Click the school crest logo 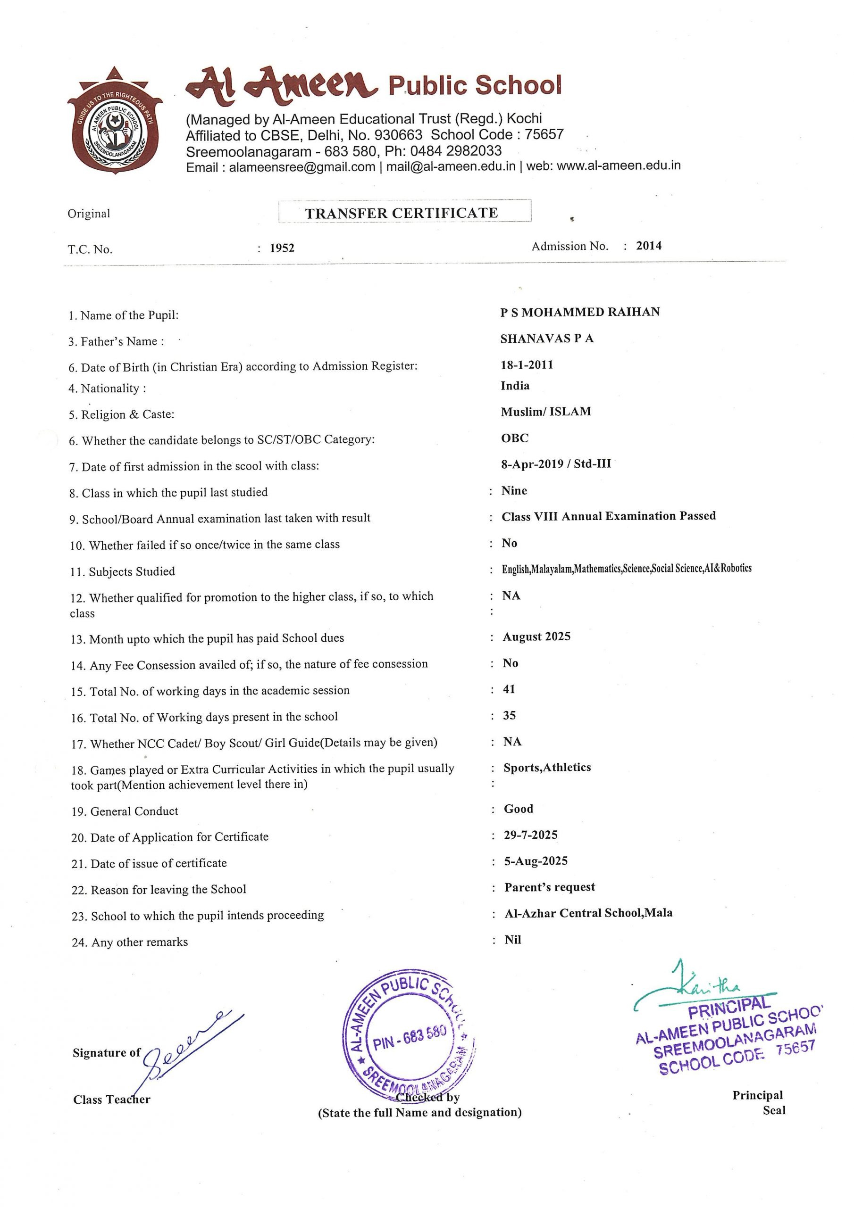(x=115, y=121)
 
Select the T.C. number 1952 (x=282, y=248)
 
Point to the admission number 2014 (x=648, y=246)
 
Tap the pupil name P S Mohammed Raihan (x=580, y=312)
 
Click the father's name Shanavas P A (x=547, y=339)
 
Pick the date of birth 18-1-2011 (x=527, y=365)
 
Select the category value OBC (x=515, y=438)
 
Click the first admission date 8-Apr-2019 (x=531, y=463)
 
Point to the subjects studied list (x=626, y=568)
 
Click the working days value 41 (x=509, y=689)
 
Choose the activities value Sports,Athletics (x=547, y=767)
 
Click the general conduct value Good (x=518, y=809)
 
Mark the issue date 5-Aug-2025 (x=536, y=860)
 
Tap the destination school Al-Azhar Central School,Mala (x=588, y=913)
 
